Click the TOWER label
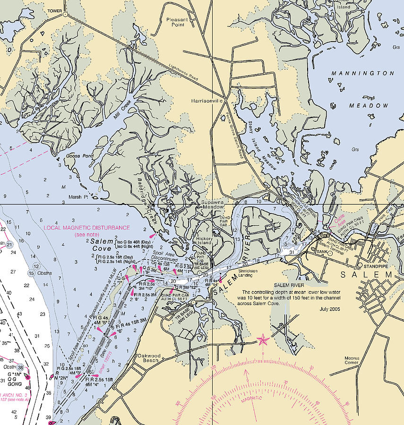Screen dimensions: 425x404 (54, 9)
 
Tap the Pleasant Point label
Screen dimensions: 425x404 (177, 22)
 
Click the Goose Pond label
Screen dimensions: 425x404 (66, 155)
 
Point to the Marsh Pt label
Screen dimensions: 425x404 (79, 197)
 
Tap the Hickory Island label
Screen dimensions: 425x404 (205, 241)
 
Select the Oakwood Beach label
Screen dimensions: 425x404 (148, 358)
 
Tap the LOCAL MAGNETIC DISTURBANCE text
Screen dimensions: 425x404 (86, 228)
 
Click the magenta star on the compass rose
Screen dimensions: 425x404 (262, 340)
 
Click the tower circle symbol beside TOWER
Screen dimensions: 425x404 (65, 15)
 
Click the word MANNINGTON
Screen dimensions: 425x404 (362, 74)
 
